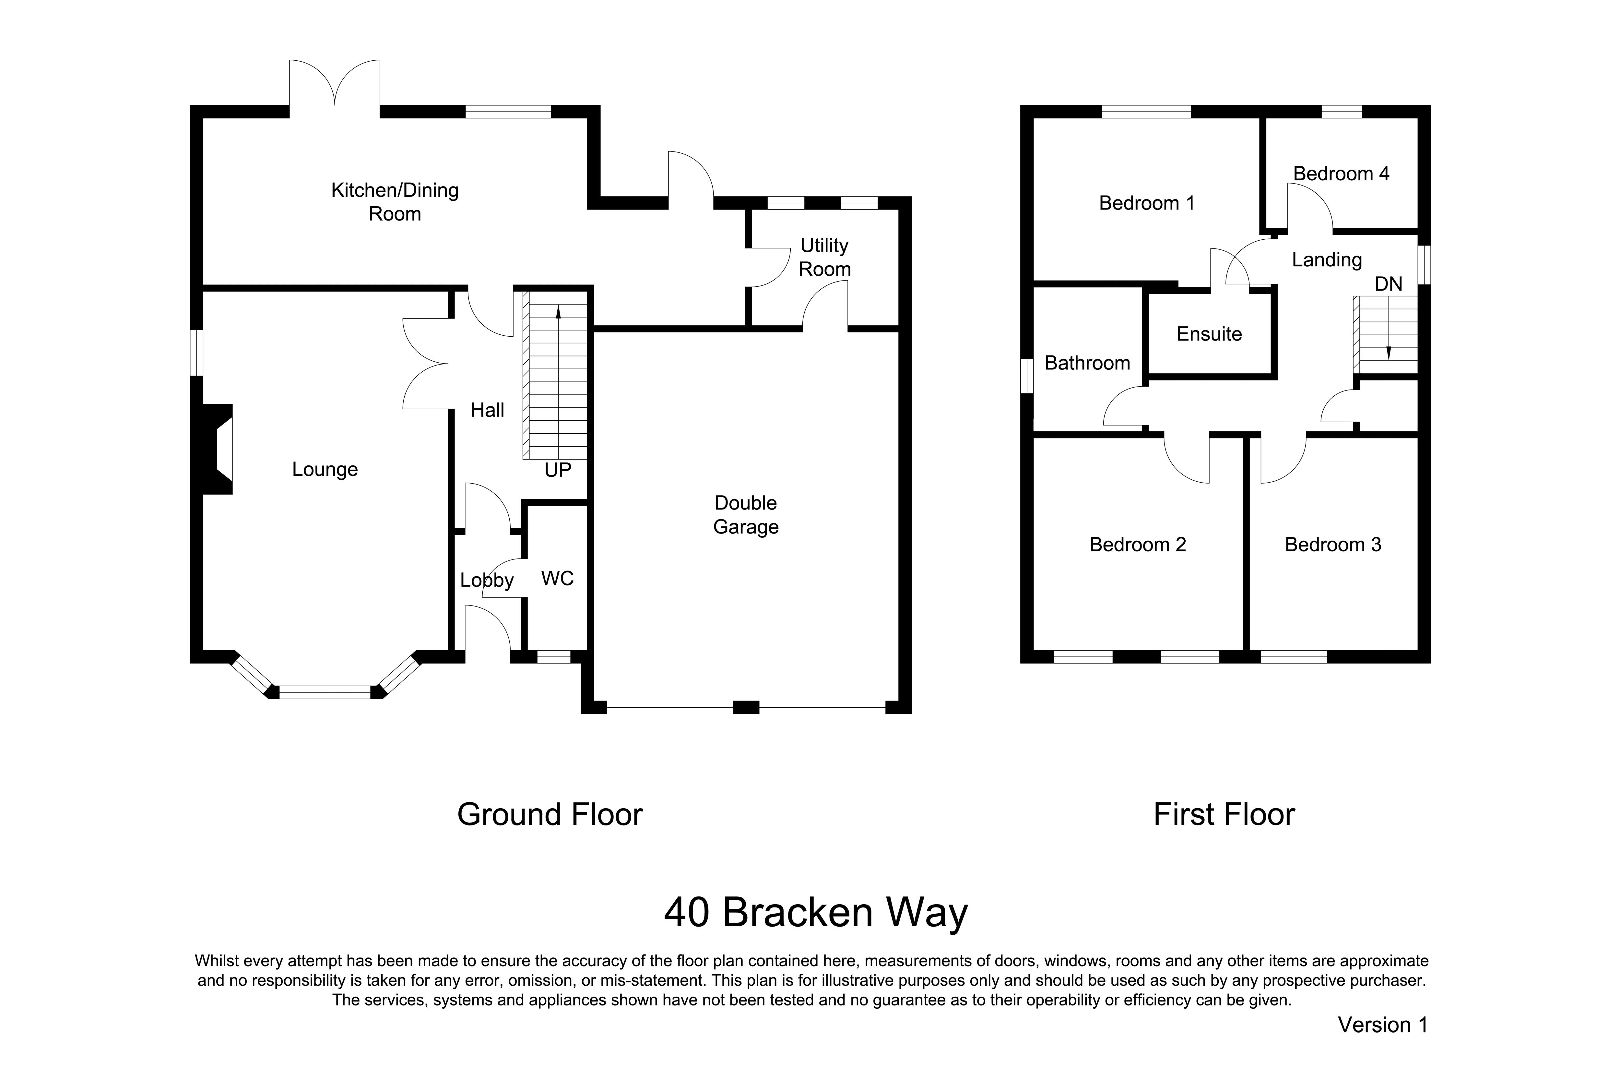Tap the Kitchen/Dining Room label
click(395, 202)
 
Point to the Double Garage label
click(746, 515)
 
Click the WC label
click(558, 578)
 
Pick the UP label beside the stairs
click(558, 470)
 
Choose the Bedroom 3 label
click(1333, 545)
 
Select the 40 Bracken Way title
click(816, 913)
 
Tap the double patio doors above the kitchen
click(334, 86)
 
